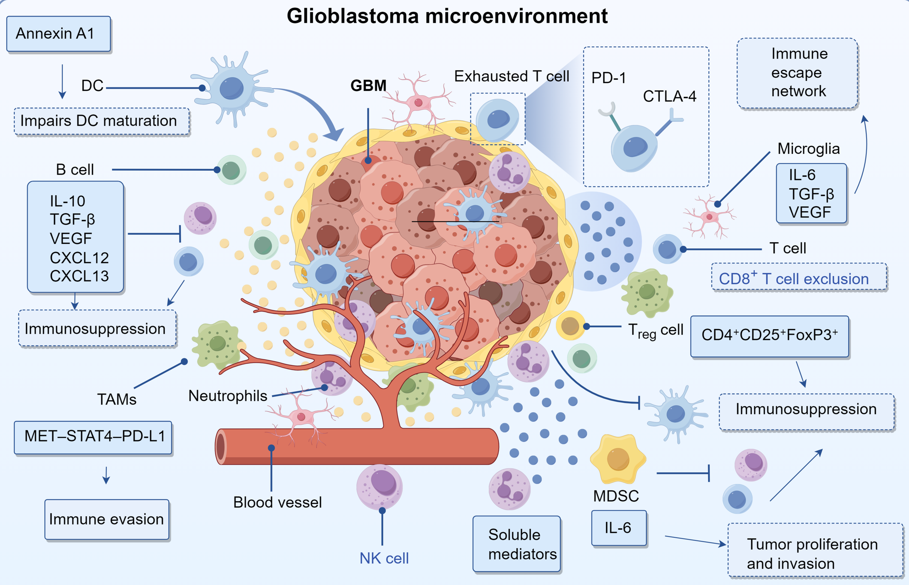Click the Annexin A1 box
point(58,34)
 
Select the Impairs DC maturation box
point(102,121)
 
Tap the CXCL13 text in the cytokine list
point(79,276)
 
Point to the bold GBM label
point(368,85)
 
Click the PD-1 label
point(608,78)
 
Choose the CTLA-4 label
point(669,96)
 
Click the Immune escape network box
point(797,73)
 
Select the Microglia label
point(808,149)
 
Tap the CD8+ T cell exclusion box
point(799,277)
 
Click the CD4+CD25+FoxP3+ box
point(769,336)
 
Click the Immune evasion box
point(107,519)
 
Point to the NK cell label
point(384,558)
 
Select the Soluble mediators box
point(516,544)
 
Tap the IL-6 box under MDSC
point(618,528)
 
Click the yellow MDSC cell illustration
point(618,459)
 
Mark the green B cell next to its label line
point(231,170)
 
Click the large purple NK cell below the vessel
point(379,485)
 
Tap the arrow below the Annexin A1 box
point(62,82)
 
